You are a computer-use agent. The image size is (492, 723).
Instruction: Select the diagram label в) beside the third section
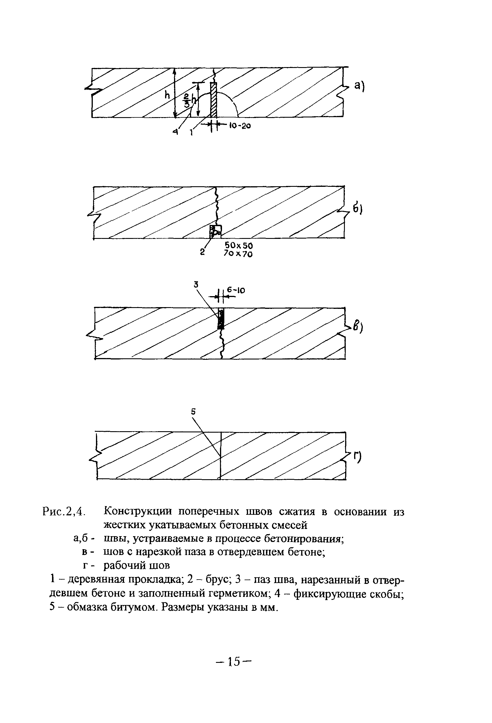(358, 327)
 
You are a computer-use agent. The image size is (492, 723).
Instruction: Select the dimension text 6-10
(236, 291)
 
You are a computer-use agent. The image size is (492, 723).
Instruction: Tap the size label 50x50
(238, 246)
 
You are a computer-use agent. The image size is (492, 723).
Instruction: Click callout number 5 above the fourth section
(193, 412)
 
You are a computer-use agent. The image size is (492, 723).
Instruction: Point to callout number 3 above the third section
(196, 284)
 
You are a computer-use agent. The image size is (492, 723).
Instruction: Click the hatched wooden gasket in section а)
(213, 100)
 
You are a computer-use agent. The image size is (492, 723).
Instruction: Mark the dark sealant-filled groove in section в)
(221, 319)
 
